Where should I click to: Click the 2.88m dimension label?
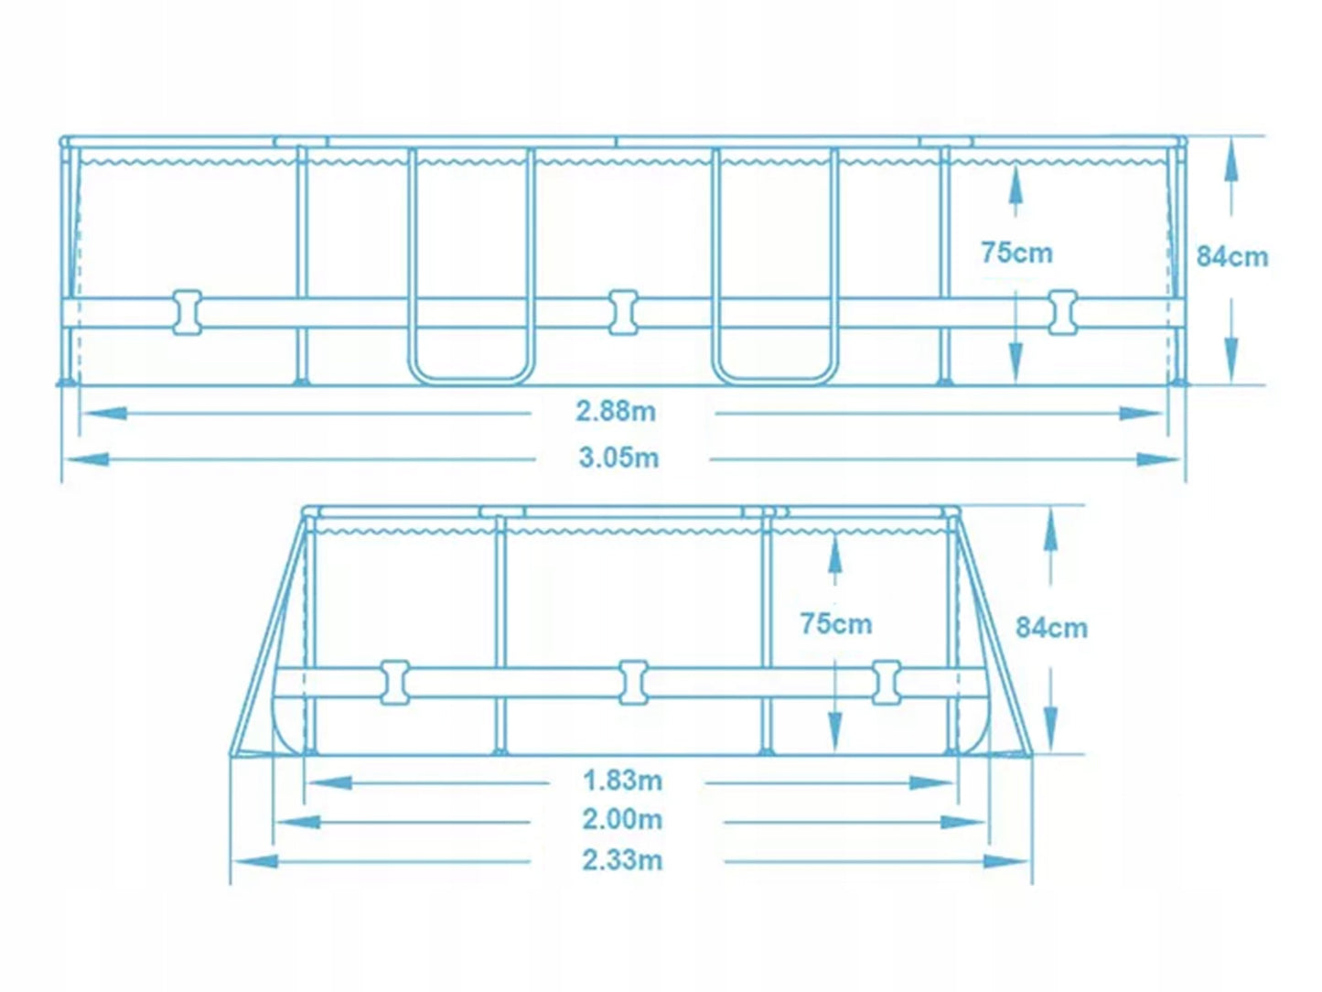[x=616, y=412]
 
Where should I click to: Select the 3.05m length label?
[x=618, y=458]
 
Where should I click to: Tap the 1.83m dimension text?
[x=622, y=781]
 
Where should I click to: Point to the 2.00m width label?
[x=622, y=819]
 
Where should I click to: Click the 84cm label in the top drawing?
[x=1232, y=256]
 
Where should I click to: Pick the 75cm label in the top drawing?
[x=1016, y=253]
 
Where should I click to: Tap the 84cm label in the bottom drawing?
[x=1051, y=628]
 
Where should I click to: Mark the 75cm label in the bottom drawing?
[x=836, y=623]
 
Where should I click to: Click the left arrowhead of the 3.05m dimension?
[x=88, y=459]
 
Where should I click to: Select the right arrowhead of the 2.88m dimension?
[x=1141, y=414]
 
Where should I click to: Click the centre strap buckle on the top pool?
[x=623, y=313]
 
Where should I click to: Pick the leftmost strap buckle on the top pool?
[x=188, y=313]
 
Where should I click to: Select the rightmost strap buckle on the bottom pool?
[x=887, y=683]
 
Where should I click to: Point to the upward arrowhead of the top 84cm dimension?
[x=1231, y=159]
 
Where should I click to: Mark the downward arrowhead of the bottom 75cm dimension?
[x=834, y=730]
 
